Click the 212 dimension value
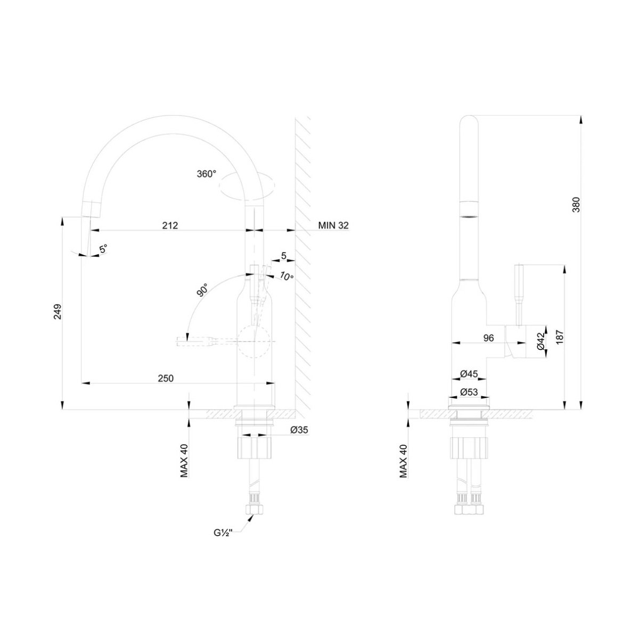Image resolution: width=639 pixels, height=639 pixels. (170, 225)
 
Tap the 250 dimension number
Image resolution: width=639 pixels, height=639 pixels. (166, 378)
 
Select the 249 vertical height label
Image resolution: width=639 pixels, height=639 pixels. (58, 312)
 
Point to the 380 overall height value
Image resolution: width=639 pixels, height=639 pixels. (576, 204)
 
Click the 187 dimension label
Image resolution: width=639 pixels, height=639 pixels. (560, 337)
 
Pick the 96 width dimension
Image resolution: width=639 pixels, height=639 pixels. (488, 338)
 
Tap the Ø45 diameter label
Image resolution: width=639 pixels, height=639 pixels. (469, 374)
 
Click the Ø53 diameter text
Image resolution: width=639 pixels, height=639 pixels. (469, 392)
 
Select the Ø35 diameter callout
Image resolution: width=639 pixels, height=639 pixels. (299, 430)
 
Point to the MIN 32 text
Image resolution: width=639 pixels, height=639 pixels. (333, 225)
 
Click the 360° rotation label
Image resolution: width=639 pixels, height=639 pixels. (206, 174)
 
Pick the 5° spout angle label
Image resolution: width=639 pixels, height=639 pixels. (103, 248)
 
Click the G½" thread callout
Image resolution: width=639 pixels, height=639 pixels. (223, 533)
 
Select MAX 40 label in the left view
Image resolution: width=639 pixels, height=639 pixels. (184, 461)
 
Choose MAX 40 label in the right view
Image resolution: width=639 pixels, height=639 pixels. (403, 461)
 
